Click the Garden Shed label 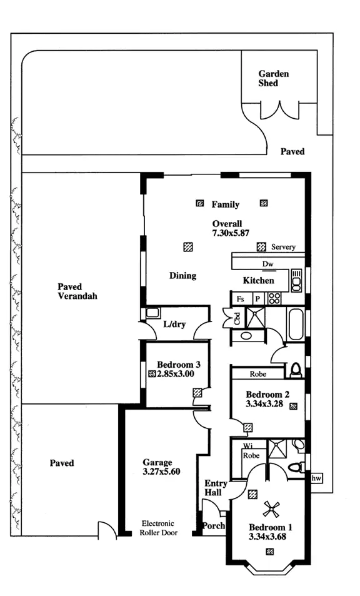[274, 78]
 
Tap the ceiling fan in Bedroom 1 [272, 508]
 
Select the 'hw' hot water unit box [317, 478]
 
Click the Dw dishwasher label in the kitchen [267, 264]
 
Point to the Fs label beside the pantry [239, 300]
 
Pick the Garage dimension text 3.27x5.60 [162, 472]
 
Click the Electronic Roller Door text [158, 528]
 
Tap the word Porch [214, 526]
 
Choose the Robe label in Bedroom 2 [258, 374]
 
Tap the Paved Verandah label [77, 291]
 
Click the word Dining [182, 275]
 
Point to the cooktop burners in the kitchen [274, 299]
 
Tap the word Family [225, 205]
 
